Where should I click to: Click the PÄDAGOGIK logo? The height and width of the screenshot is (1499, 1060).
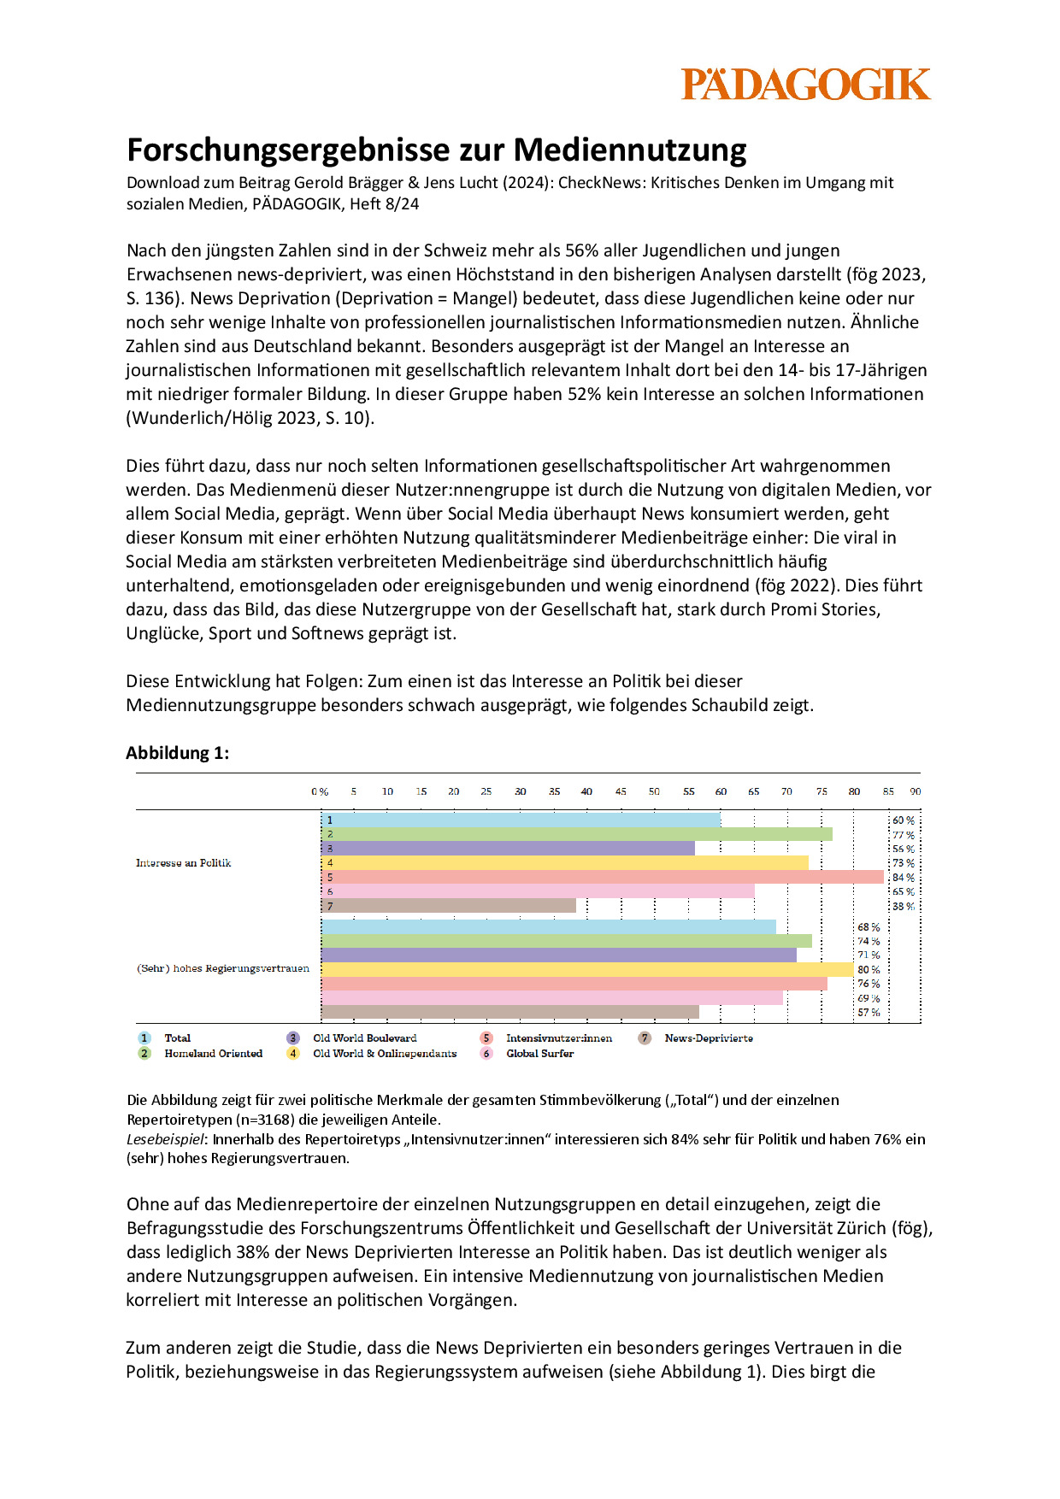pos(805,85)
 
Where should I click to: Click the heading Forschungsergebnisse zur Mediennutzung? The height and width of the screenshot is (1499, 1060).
pos(436,150)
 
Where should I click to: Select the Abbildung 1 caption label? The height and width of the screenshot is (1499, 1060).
pos(177,753)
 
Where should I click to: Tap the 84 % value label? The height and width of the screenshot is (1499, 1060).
pos(903,878)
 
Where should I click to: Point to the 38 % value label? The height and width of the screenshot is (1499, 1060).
pos(903,906)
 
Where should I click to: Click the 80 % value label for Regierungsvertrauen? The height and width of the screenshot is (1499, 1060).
pos(869,970)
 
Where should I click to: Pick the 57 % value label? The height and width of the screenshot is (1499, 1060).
pos(869,1013)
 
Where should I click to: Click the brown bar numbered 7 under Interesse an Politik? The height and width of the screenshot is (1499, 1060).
pos(449,906)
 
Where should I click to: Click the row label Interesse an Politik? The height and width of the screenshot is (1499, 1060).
pos(183,863)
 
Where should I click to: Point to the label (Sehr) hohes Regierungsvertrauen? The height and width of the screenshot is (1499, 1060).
pos(223,969)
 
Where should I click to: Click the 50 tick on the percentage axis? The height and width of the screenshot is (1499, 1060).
pos(654,792)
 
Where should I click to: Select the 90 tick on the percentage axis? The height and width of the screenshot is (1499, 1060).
pos(916,792)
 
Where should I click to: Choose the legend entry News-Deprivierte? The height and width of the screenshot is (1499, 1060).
pos(709,1038)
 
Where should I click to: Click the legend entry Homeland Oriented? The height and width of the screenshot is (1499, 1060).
pos(213,1054)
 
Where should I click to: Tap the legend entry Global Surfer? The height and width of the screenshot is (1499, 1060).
pos(539,1054)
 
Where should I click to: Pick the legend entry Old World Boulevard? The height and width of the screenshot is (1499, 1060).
pos(365,1038)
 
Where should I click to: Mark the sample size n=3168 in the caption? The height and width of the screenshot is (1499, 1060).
pos(266,1120)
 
